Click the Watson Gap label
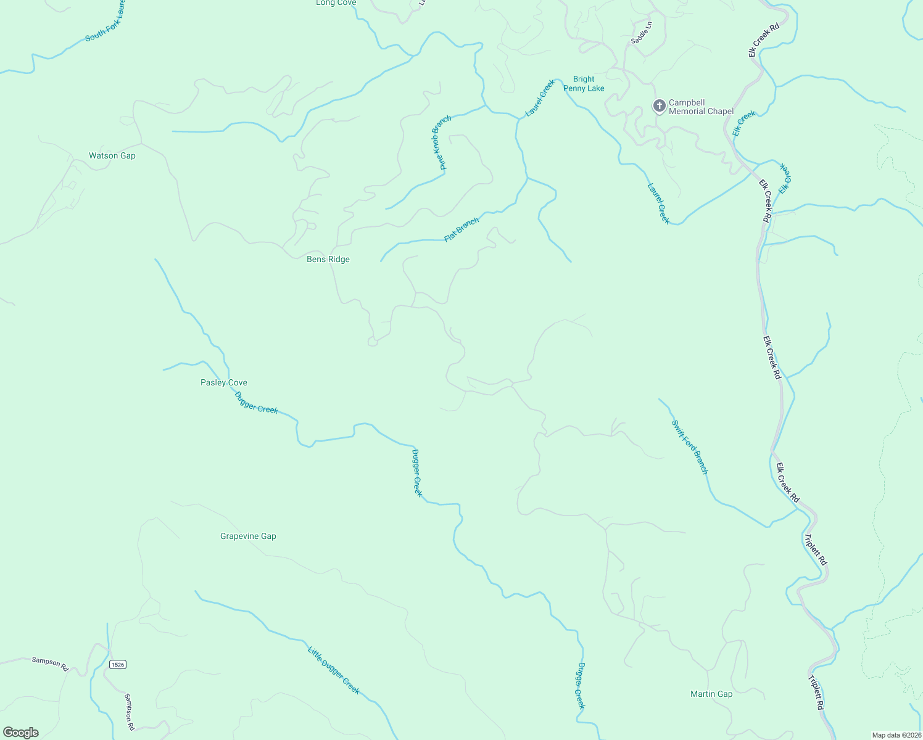pyautogui.click(x=112, y=156)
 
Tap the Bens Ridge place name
pyautogui.click(x=328, y=260)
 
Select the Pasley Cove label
pyautogui.click(x=224, y=383)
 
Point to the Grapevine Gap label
pyautogui.click(x=248, y=536)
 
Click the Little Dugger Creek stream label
pyautogui.click(x=334, y=670)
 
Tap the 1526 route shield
pyautogui.click(x=118, y=665)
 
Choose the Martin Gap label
pyautogui.click(x=711, y=694)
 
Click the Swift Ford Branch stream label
pyautogui.click(x=690, y=447)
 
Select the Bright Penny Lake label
pyautogui.click(x=584, y=84)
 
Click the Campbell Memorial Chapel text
pyautogui.click(x=701, y=107)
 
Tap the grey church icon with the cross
pyautogui.click(x=659, y=106)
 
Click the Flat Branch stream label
pyautogui.click(x=461, y=230)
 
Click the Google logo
pyautogui.click(x=21, y=733)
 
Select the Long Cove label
pyautogui.click(x=336, y=3)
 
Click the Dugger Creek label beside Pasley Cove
pyautogui.click(x=256, y=403)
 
